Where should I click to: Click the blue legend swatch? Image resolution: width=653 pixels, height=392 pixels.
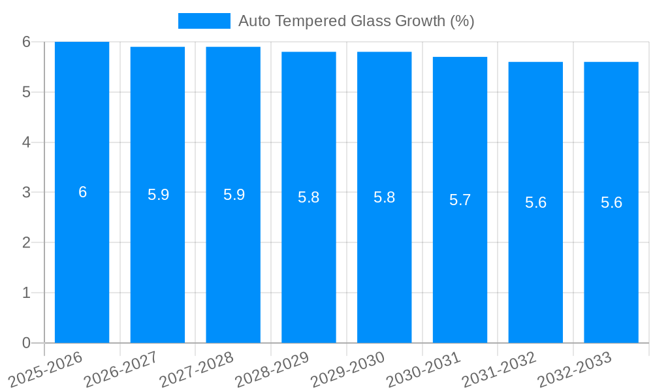[204, 21]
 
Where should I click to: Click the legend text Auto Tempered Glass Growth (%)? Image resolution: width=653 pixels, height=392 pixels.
[356, 21]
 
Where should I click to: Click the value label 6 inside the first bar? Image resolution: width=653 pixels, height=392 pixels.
[82, 192]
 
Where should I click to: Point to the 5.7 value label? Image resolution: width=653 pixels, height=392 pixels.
[460, 200]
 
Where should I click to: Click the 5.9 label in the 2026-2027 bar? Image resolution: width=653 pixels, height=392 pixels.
[158, 195]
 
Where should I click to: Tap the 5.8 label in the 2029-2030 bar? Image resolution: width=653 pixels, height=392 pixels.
[384, 197]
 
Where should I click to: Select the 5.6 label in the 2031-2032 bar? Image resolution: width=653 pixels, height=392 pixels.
[535, 203]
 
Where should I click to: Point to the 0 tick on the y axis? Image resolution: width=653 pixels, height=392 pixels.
[26, 343]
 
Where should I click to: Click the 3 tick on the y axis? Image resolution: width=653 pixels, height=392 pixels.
[26, 193]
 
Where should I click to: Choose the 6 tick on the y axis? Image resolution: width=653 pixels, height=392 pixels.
[26, 42]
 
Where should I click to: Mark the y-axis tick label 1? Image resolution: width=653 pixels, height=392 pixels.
[26, 293]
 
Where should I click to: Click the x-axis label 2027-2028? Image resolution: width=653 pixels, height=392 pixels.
[197, 370]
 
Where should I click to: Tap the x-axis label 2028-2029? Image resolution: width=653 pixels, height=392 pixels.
[272, 370]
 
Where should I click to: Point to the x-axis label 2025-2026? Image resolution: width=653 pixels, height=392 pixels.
[46, 370]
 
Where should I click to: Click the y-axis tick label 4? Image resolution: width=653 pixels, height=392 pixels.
[26, 142]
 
